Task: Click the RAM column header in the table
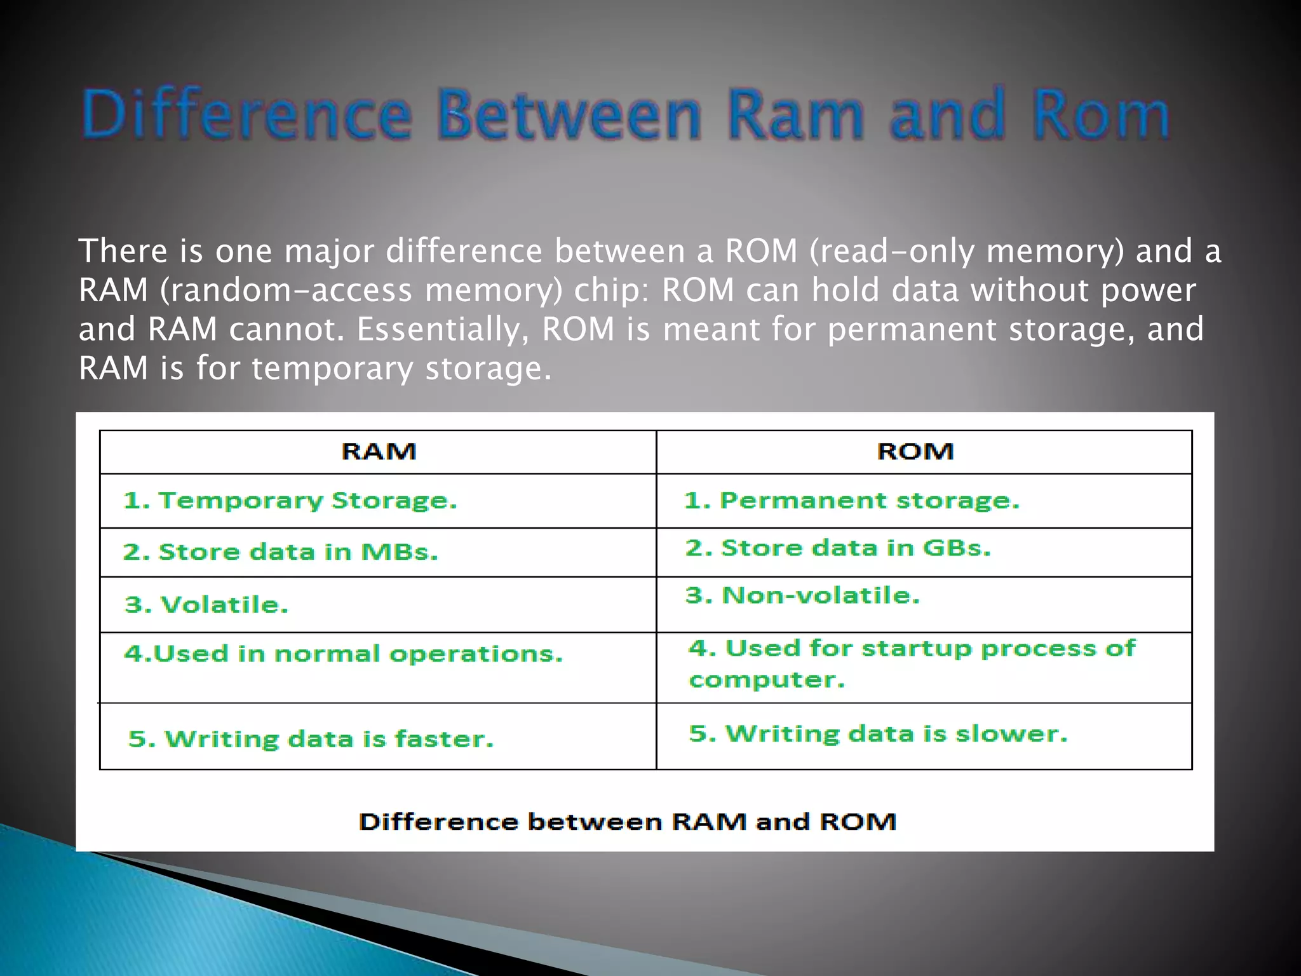pyautogui.click(x=379, y=452)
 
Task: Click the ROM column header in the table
pyautogui.click(x=915, y=452)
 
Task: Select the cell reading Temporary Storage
pyautogui.click(x=290, y=501)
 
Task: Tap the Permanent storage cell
pyautogui.click(x=852, y=501)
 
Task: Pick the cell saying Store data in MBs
pyautogui.click(x=280, y=552)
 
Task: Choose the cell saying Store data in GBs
pyautogui.click(x=838, y=548)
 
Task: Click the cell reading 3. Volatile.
pyautogui.click(x=206, y=605)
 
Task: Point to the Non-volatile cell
pyautogui.click(x=802, y=595)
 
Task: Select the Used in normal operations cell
pyautogui.click(x=343, y=654)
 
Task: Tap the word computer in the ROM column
pyautogui.click(x=767, y=681)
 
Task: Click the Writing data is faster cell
pyautogui.click(x=311, y=739)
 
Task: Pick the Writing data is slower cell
pyautogui.click(x=878, y=734)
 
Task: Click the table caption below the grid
pyautogui.click(x=628, y=822)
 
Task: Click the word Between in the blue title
pyautogui.click(x=569, y=115)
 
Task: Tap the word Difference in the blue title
pyautogui.click(x=247, y=115)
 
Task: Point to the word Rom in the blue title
pyautogui.click(x=1100, y=115)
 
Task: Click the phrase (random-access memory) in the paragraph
pyautogui.click(x=360, y=290)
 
